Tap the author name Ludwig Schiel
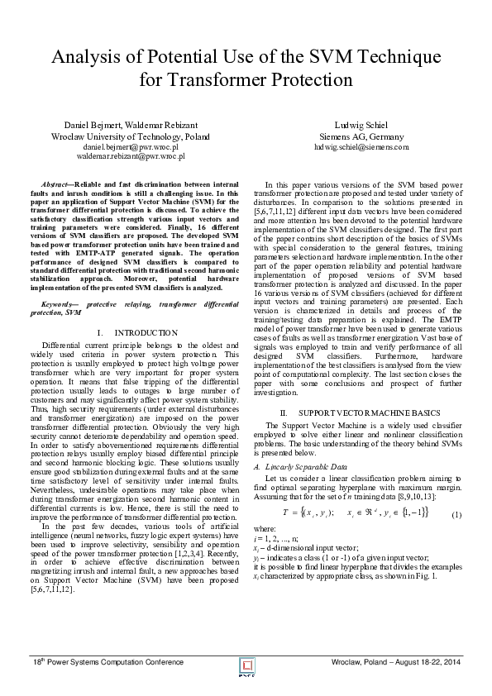[361, 124]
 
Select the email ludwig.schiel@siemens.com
[361, 145]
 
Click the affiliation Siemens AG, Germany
[361, 136]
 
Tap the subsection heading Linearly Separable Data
[310, 467]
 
